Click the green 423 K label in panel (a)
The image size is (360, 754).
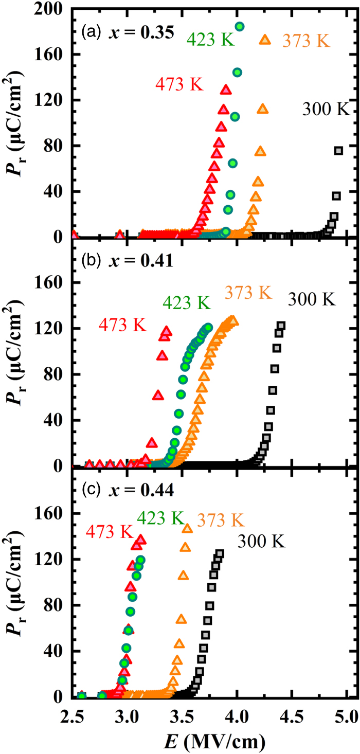[x=210, y=40]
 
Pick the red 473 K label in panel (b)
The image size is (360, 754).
[x=122, y=326]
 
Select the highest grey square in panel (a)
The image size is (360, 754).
[x=338, y=151]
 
